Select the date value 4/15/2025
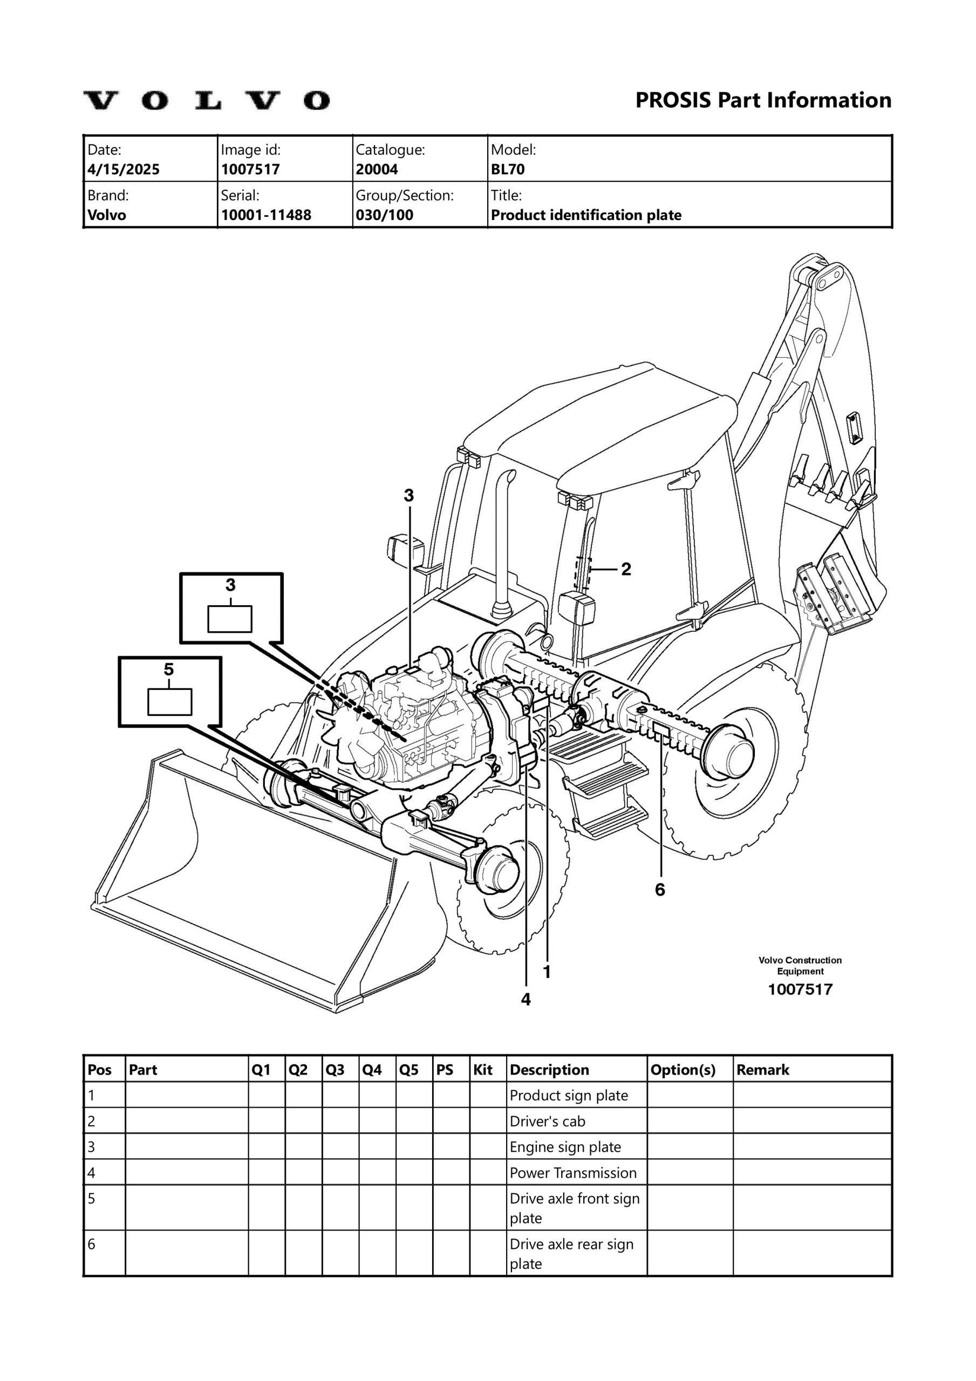124,169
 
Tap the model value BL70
508,169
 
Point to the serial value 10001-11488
266,215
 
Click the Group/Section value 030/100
385,215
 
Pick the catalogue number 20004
377,169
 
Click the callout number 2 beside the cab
626,569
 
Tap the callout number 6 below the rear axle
660,890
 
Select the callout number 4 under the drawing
526,999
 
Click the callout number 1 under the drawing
547,972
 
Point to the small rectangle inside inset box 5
170,702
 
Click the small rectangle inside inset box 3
230,619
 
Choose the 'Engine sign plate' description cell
565,1147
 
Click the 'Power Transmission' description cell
573,1173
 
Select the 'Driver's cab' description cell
547,1121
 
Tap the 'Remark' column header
762,1070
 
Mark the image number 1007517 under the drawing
800,989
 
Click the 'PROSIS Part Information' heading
763,100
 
